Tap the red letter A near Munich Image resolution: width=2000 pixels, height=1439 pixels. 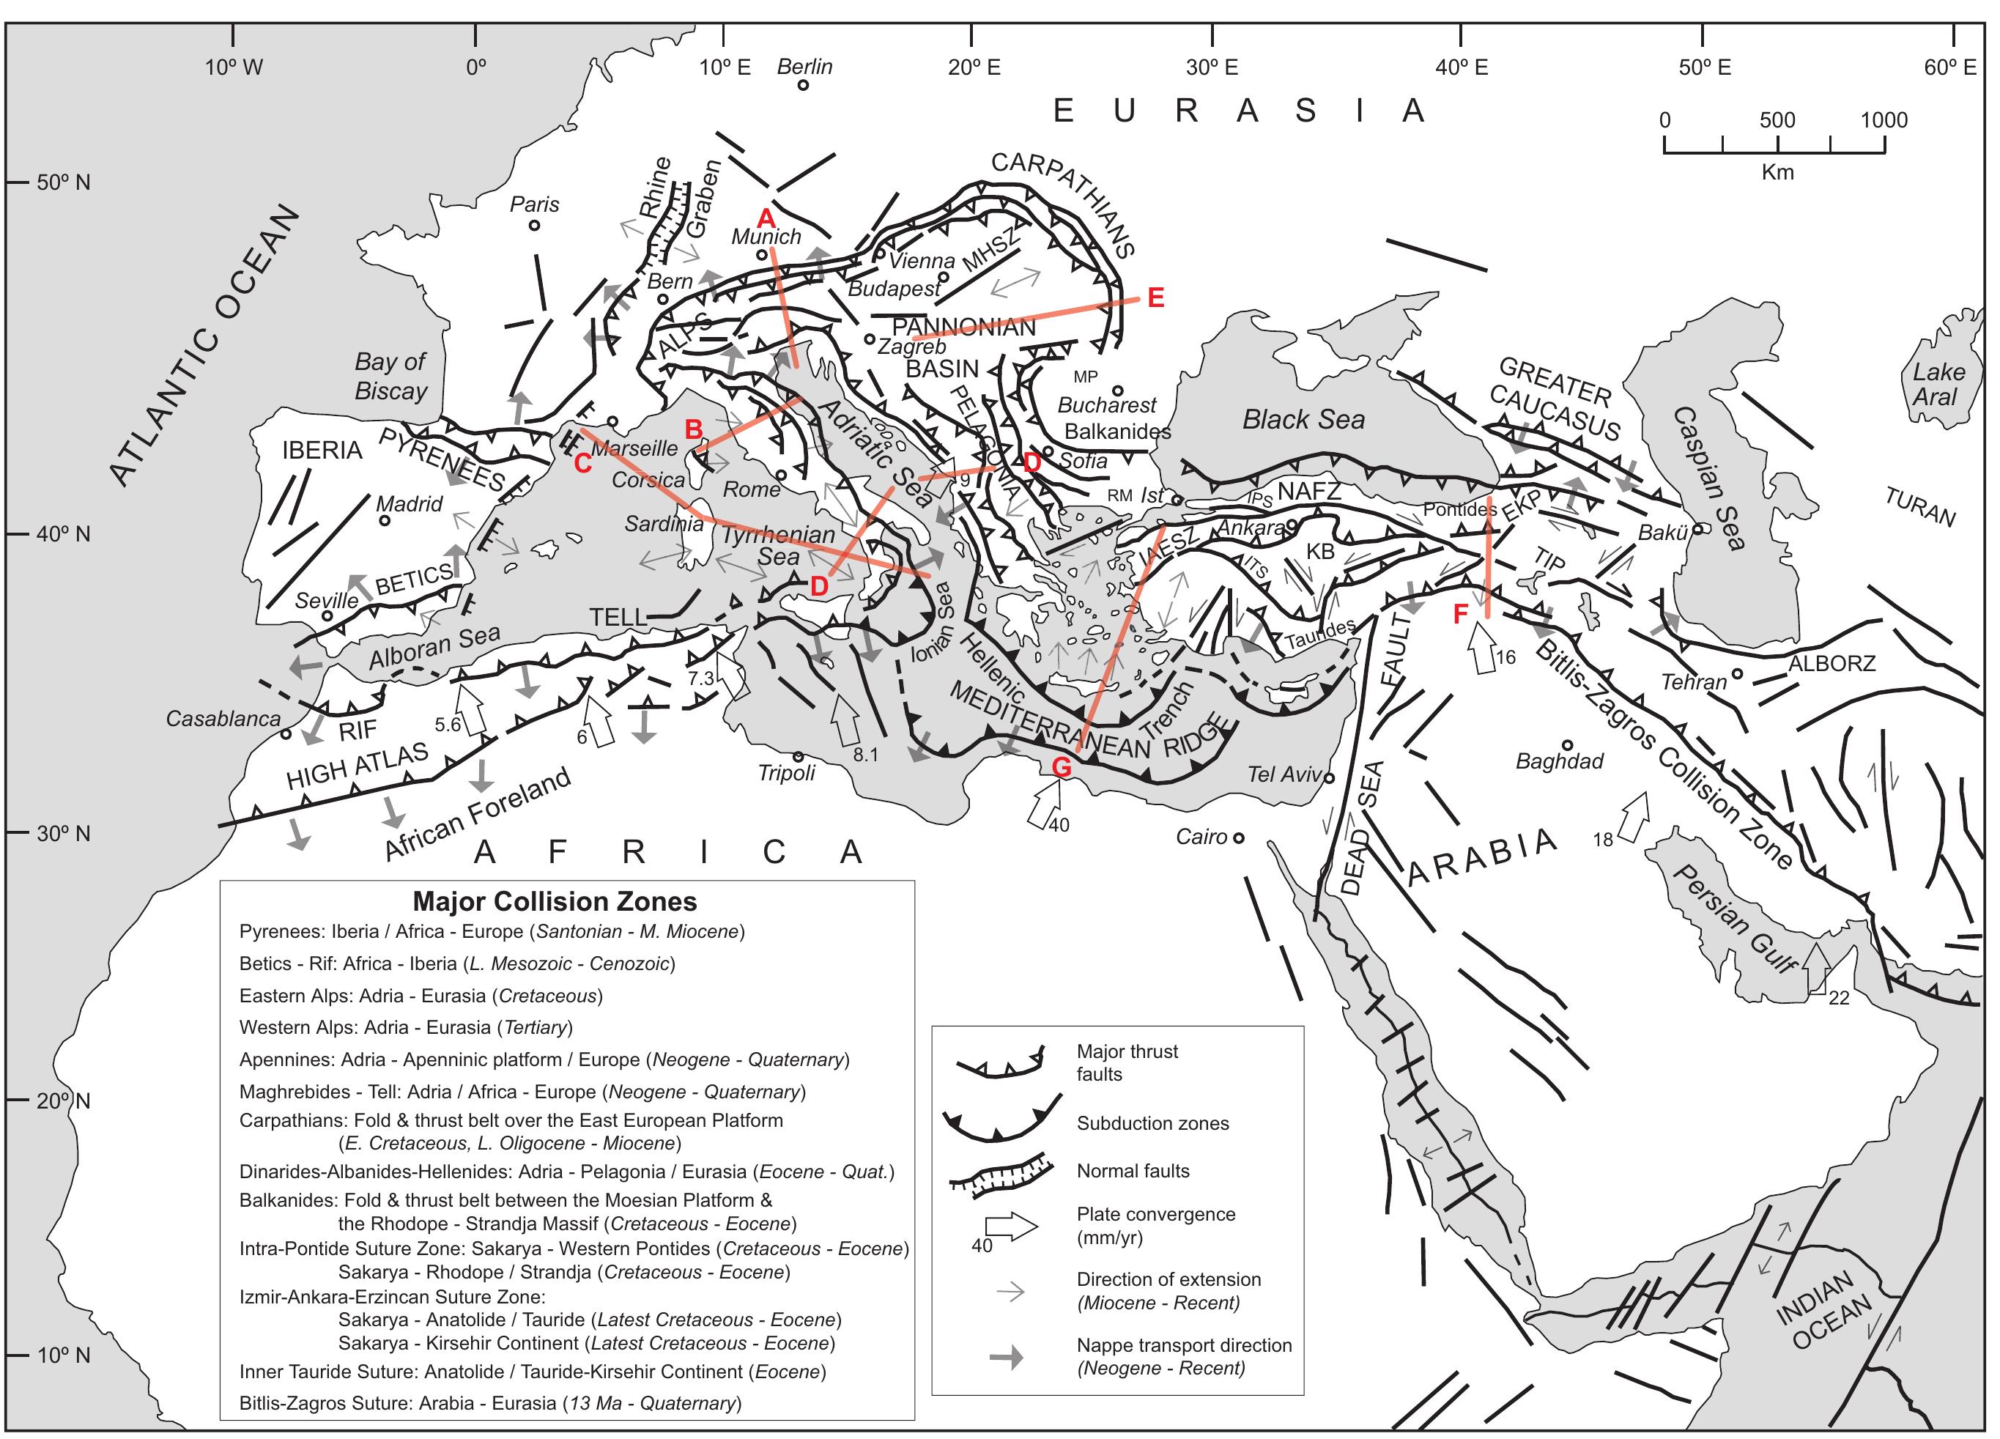click(766, 218)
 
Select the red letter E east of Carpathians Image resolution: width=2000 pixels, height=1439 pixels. click(1155, 298)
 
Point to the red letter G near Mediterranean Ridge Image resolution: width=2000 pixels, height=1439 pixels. click(1062, 768)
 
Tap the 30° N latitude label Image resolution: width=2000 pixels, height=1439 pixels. click(64, 833)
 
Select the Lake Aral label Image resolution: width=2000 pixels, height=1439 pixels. click(1938, 385)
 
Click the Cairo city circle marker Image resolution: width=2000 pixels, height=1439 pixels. click(1238, 837)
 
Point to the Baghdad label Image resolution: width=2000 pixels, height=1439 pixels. click(1559, 761)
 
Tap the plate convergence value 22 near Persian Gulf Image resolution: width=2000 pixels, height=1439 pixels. click(1839, 998)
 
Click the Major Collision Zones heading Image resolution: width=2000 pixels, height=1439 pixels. click(555, 901)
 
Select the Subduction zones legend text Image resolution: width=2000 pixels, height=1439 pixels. click(1152, 1123)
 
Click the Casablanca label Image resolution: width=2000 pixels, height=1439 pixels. click(223, 719)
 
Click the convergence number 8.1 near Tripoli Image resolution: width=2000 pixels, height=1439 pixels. click(865, 755)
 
